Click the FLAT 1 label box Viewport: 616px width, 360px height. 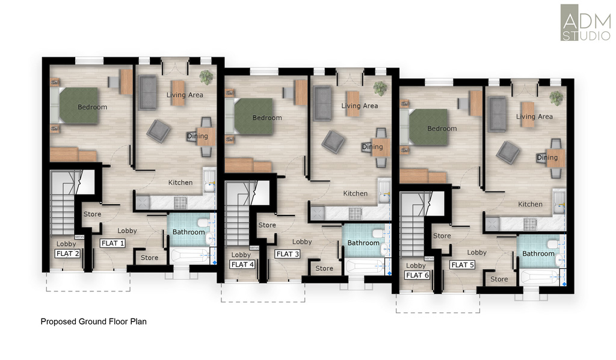pyautogui.click(x=112, y=243)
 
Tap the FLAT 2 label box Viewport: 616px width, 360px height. pyautogui.click(x=67, y=253)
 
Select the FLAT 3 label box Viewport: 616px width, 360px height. pyautogui.click(x=288, y=254)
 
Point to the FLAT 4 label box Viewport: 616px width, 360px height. pyautogui.click(x=242, y=264)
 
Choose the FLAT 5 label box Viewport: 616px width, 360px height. pyautogui.click(x=463, y=265)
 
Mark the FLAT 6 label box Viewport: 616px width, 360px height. pyautogui.click(x=417, y=275)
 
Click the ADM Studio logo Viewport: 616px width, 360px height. pyautogui.click(x=585, y=22)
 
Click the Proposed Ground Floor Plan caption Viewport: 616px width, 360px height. pyautogui.click(x=93, y=321)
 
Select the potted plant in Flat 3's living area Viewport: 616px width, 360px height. pyautogui.click(x=380, y=88)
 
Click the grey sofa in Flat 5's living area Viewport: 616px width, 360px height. pyautogui.click(x=497, y=113)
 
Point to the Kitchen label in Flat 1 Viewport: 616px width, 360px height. pyautogui.click(x=180, y=182)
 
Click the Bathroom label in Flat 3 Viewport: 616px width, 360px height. pyautogui.click(x=363, y=243)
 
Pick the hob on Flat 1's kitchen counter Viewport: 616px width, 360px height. pyautogui.click(x=180, y=203)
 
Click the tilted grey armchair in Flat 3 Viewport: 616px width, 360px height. pyautogui.click(x=333, y=141)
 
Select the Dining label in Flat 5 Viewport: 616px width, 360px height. pyautogui.click(x=547, y=157)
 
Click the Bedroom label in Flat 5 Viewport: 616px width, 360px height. pyautogui.click(x=442, y=128)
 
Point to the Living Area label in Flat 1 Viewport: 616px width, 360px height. pyautogui.click(x=185, y=95)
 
